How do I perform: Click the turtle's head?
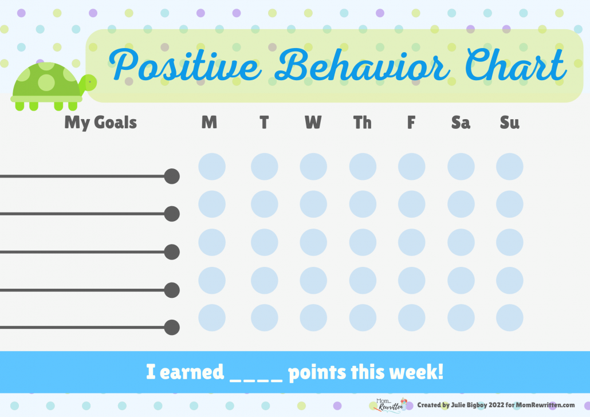tap(89, 82)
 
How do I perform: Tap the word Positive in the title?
tap(185, 65)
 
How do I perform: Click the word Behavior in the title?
tap(361, 65)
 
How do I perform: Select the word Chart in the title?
tap(516, 64)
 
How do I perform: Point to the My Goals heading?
tap(100, 123)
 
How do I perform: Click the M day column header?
tap(209, 122)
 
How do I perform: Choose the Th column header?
tap(363, 122)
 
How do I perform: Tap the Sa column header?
tap(461, 123)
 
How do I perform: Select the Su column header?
tap(509, 123)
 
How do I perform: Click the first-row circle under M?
tap(212, 166)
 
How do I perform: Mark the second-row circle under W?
tap(313, 204)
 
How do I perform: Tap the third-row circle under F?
tap(412, 242)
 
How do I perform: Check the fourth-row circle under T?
tap(265, 280)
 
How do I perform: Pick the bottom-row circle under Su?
tap(509, 318)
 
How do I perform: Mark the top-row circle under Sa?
tap(461, 166)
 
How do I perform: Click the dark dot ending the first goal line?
tap(172, 176)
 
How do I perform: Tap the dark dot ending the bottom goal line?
tap(172, 328)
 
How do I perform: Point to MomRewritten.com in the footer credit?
tap(545, 405)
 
